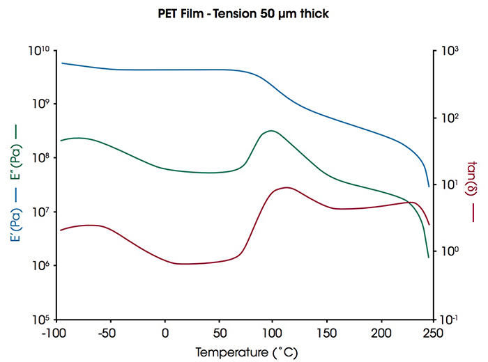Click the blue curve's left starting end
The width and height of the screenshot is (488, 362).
[x=61, y=63]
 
